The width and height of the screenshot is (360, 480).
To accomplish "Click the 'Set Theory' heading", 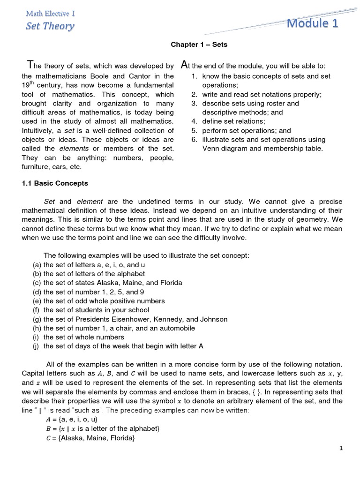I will (x=50, y=26).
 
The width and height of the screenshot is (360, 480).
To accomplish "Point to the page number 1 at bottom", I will (x=342, y=449).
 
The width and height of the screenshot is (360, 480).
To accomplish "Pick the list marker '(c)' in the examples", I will (x=37, y=283).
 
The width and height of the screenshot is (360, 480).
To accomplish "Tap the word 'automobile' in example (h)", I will (x=157, y=328).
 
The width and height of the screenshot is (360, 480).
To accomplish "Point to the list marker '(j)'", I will (x=37, y=346).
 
